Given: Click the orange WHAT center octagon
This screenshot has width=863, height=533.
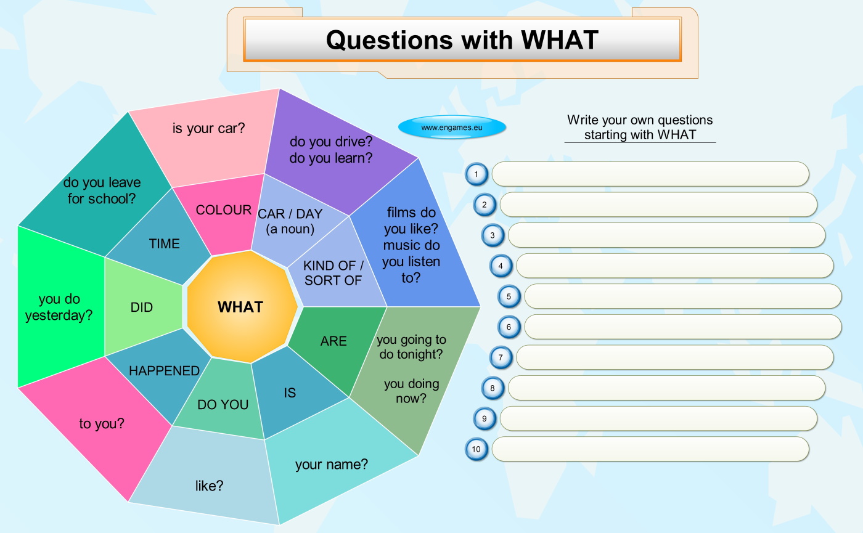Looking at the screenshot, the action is (242, 307).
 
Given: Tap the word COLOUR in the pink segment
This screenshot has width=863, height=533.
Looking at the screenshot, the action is (223, 210).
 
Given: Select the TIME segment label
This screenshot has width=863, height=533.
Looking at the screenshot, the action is (165, 244).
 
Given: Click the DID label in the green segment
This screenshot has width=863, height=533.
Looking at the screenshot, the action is (142, 307).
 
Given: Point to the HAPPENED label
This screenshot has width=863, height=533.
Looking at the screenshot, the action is (164, 371).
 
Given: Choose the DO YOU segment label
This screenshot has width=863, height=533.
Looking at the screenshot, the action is (223, 405).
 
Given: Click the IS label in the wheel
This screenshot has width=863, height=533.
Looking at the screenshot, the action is (290, 393).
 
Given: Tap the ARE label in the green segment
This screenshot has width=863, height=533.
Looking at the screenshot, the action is (333, 341).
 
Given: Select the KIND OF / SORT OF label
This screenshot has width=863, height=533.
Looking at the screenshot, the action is (333, 273).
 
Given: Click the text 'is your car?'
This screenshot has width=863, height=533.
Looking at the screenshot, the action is (208, 128).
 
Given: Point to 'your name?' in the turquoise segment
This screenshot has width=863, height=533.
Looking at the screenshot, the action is (332, 465).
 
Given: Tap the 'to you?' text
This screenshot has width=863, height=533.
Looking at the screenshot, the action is (102, 424).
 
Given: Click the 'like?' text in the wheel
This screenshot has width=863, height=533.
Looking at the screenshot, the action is (209, 486).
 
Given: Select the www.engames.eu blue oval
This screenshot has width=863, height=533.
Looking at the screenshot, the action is (452, 127).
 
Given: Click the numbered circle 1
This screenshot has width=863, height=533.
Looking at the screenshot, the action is (476, 174).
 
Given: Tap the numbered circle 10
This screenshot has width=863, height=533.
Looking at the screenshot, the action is (476, 449).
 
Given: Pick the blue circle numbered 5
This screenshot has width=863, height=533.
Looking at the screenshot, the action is (509, 296).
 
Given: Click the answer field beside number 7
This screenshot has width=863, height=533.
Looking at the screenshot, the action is (675, 357).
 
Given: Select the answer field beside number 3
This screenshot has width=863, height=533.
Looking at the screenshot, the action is (667, 235).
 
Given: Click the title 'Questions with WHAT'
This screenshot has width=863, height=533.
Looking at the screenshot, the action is (462, 40).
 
